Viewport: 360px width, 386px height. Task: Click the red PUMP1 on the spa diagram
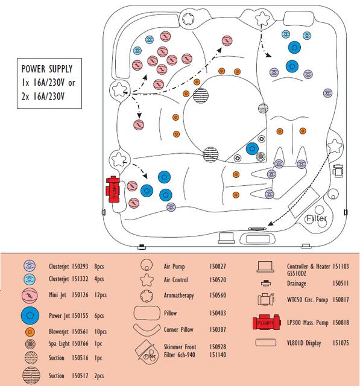pyautogui.click(x=113, y=189)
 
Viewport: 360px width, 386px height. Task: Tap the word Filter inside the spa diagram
pyautogui.click(x=316, y=218)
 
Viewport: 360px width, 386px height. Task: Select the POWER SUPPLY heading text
pyautogui.click(x=47, y=69)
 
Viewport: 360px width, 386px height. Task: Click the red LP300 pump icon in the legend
pyautogui.click(x=267, y=321)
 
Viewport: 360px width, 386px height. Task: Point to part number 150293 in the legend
pyautogui.click(x=80, y=267)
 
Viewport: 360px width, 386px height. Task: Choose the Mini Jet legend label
pyautogui.click(x=57, y=295)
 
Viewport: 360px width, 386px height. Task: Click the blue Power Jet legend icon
pyautogui.click(x=30, y=315)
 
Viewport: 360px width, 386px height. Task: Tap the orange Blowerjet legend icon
pyautogui.click(x=30, y=332)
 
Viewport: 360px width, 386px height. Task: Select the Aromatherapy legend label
pyautogui.click(x=179, y=295)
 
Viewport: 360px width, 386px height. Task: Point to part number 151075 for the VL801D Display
pyautogui.click(x=341, y=343)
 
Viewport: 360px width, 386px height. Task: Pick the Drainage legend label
pyautogui.click(x=297, y=283)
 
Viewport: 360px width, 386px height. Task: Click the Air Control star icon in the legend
pyautogui.click(x=147, y=280)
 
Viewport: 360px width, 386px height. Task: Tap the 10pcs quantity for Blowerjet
pyautogui.click(x=100, y=332)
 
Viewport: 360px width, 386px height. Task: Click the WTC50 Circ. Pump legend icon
pyautogui.click(x=266, y=299)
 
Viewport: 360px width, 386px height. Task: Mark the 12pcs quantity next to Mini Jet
pyautogui.click(x=100, y=295)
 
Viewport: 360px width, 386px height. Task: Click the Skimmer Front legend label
pyautogui.click(x=180, y=347)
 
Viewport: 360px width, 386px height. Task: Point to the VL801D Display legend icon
pyautogui.click(x=266, y=343)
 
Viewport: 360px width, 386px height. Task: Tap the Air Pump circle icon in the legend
pyautogui.click(x=147, y=265)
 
